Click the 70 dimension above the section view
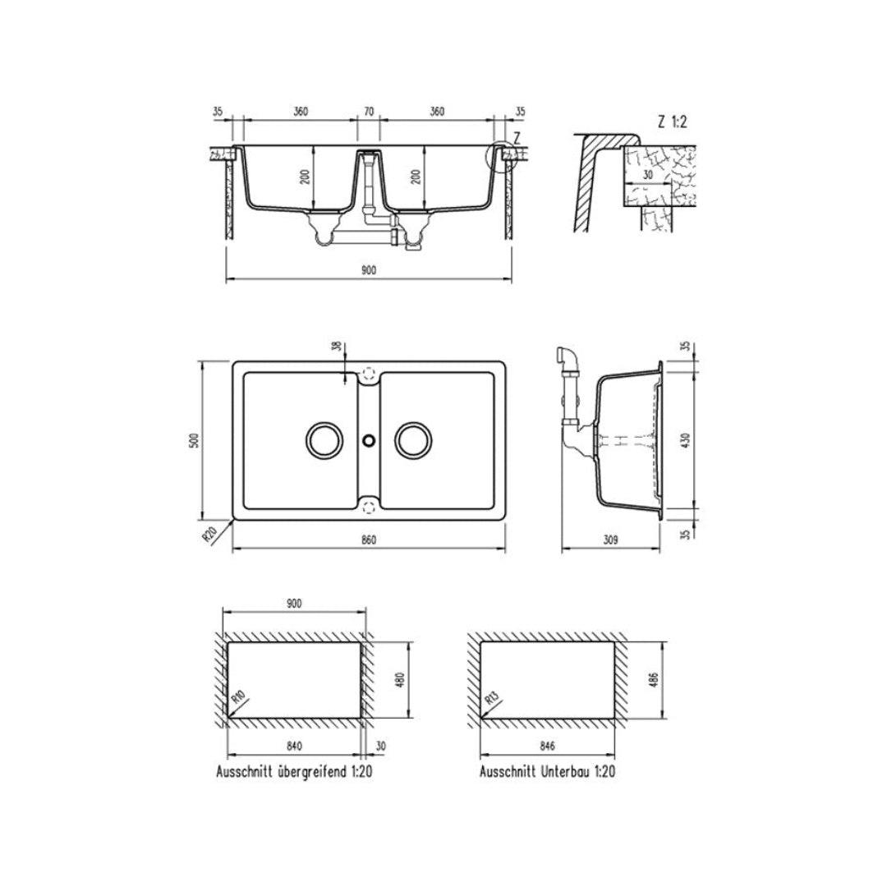(x=368, y=112)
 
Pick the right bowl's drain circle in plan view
(x=411, y=440)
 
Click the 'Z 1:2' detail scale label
(x=673, y=122)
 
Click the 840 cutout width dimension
(x=295, y=746)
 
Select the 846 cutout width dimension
(x=549, y=746)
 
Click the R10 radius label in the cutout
(x=240, y=700)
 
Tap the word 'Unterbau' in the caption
(x=566, y=772)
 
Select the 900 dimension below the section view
(x=368, y=272)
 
